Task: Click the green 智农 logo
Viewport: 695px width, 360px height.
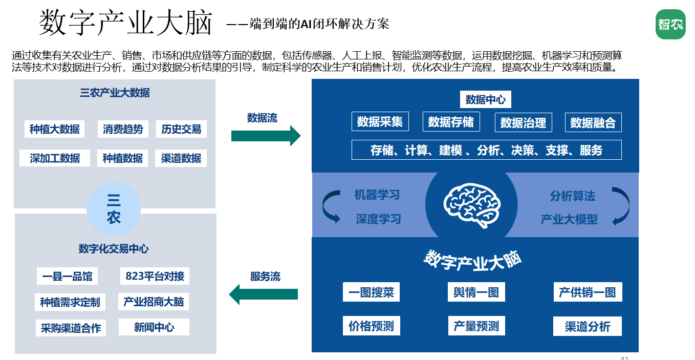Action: click(670, 24)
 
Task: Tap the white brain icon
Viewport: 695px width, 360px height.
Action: click(472, 205)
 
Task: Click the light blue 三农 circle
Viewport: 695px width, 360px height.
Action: click(114, 209)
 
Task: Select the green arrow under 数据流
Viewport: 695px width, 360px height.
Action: click(266, 136)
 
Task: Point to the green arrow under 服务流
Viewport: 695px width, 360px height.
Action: click(264, 294)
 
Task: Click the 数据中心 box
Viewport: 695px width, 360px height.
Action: click(486, 99)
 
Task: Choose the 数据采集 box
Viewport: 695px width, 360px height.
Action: click(380, 121)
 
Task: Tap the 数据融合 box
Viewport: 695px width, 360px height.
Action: click(593, 122)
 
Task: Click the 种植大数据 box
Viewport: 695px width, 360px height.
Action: click(55, 129)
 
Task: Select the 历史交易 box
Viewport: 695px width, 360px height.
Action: click(181, 129)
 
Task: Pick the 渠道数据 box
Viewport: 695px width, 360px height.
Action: click(181, 158)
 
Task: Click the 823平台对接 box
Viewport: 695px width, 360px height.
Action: click(155, 276)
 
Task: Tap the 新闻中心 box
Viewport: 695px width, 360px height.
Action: click(154, 327)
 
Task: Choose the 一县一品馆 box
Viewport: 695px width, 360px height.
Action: click(68, 276)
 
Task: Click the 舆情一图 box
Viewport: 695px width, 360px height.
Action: click(476, 292)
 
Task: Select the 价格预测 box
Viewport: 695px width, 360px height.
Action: click(372, 326)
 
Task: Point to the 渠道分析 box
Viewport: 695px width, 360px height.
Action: click(588, 326)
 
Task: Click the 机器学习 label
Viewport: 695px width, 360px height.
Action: click(377, 195)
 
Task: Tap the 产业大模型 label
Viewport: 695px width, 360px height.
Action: click(569, 219)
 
